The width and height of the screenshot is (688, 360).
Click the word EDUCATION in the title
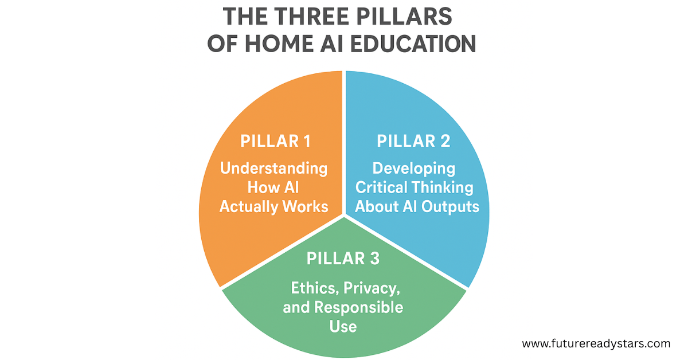[x=413, y=44]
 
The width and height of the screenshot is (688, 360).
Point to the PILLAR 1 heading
[x=273, y=141]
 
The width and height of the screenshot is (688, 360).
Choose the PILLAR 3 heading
[x=343, y=259]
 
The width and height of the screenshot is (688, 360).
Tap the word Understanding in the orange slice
[x=274, y=169]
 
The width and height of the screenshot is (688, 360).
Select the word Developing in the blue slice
[x=414, y=169]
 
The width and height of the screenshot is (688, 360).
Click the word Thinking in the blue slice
[x=445, y=187]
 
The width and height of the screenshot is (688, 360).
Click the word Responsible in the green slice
[x=359, y=307]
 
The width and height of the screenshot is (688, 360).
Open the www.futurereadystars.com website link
[x=596, y=344]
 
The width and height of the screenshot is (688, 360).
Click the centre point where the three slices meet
[x=344, y=216]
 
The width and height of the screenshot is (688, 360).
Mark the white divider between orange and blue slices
[x=344, y=143]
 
